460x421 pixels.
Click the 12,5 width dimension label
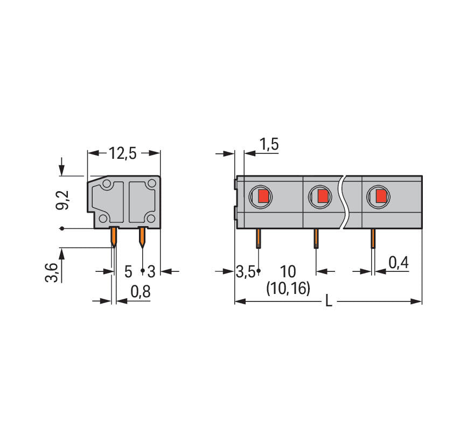[x=123, y=153]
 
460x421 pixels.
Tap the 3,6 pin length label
[x=52, y=272]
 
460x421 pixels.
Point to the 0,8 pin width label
[x=141, y=292]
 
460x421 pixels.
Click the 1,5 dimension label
[x=269, y=144]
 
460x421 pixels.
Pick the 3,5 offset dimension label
[x=246, y=272]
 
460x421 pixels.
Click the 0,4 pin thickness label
[x=399, y=263]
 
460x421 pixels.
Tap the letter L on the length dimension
[x=329, y=301]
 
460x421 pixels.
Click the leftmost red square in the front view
[x=263, y=196]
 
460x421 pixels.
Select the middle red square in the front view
[x=323, y=196]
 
